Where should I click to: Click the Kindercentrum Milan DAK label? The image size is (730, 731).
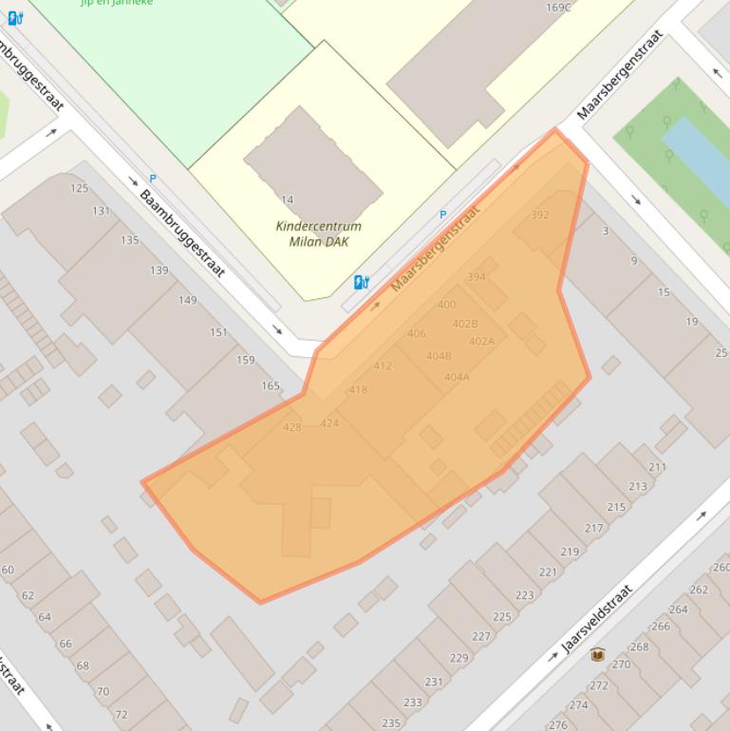[318, 234]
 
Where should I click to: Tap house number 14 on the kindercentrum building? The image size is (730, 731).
[288, 199]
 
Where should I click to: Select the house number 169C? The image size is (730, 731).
[559, 8]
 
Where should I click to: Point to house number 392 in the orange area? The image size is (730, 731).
[539, 215]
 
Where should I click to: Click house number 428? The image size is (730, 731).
[291, 427]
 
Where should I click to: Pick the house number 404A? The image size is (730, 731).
[457, 377]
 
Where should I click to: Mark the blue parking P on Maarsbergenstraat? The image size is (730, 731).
[442, 216]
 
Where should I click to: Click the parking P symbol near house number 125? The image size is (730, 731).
[152, 178]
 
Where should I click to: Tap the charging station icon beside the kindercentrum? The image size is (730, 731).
[361, 282]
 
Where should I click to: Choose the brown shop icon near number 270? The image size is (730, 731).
[597, 654]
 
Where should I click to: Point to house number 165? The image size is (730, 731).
[271, 385]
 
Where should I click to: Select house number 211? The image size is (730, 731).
[657, 467]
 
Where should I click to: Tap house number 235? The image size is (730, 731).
[390, 723]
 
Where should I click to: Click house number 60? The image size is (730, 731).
[8, 570]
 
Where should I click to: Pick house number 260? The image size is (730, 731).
[721, 568]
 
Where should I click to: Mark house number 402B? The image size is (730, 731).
[465, 324]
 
